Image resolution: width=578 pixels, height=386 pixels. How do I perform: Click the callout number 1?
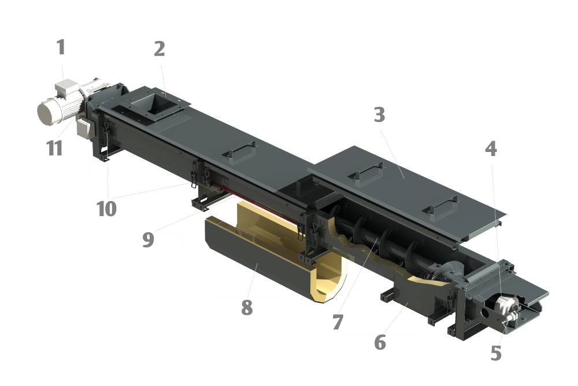click(x=61, y=47)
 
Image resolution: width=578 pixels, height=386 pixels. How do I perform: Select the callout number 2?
click(x=160, y=49)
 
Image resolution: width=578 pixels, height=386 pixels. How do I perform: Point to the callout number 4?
click(x=491, y=149)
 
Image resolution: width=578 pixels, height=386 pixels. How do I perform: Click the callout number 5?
click(x=496, y=353)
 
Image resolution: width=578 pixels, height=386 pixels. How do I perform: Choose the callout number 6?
click(x=380, y=342)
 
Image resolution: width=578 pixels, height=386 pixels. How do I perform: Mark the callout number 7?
click(x=338, y=322)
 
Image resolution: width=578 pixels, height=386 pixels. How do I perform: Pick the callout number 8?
click(x=247, y=307)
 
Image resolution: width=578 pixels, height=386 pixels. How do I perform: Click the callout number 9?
click(x=148, y=239)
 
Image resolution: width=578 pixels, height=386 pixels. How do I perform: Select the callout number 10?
click(x=106, y=209)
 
